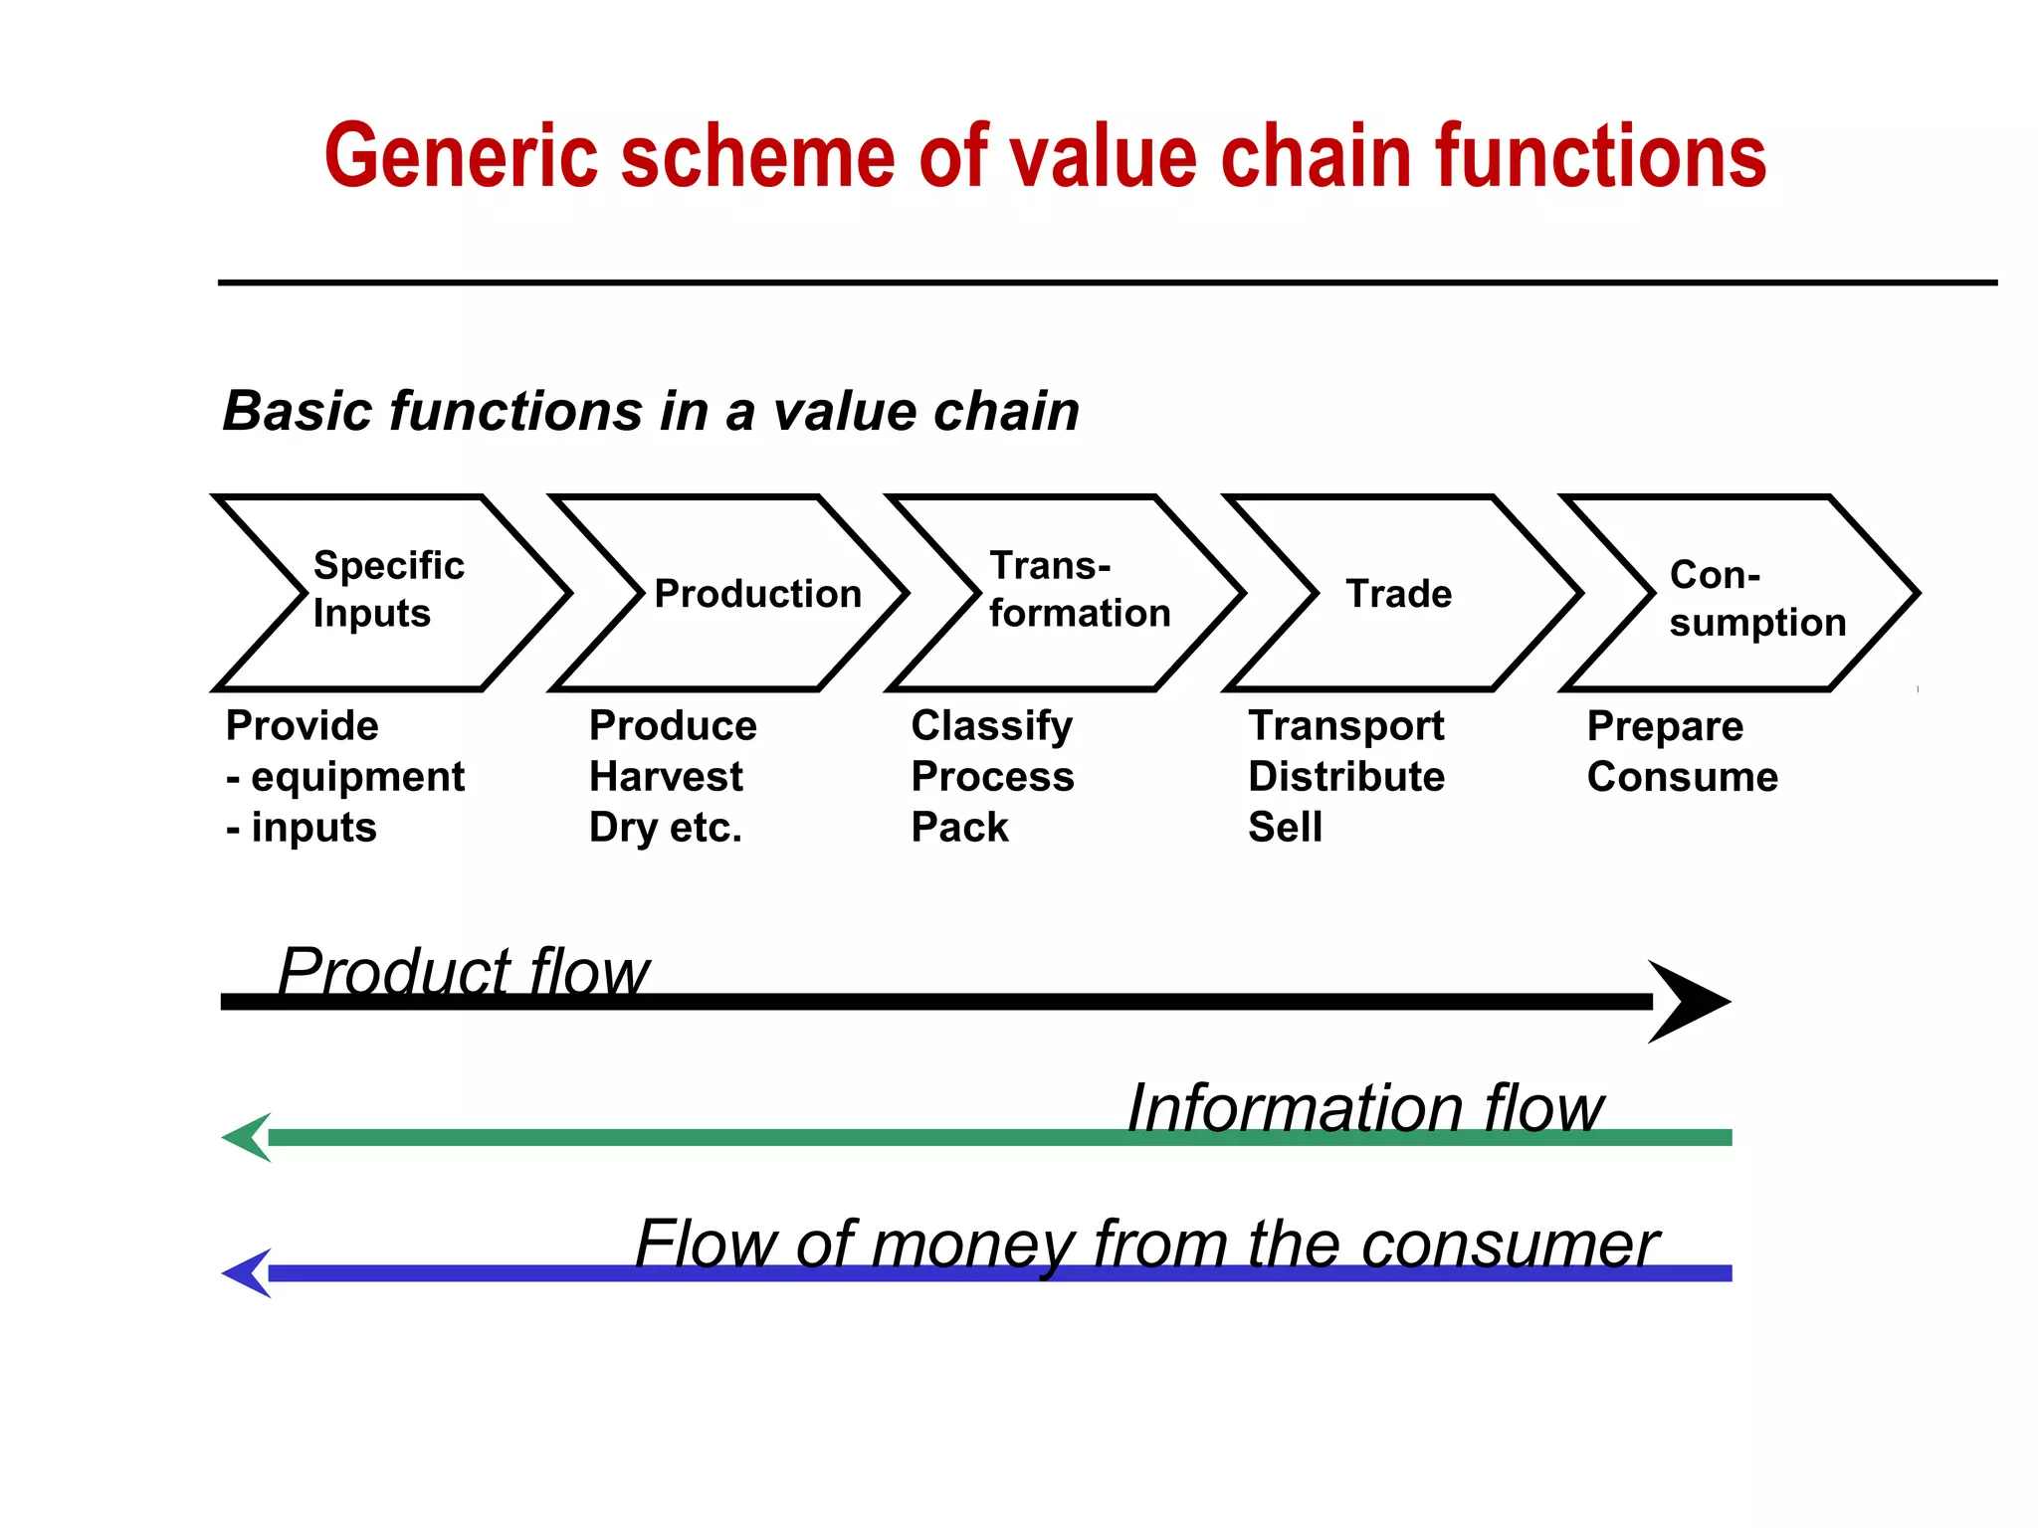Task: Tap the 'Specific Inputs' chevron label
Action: (x=388, y=589)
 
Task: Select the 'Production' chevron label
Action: (x=757, y=594)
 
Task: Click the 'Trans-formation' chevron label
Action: (x=1079, y=589)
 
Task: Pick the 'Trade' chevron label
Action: (x=1398, y=594)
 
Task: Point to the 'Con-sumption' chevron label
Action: (x=1756, y=598)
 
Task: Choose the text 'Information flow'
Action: (x=1364, y=1107)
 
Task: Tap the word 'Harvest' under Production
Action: (x=666, y=777)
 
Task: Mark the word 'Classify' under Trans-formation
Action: (x=991, y=726)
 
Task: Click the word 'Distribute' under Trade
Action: (x=1346, y=777)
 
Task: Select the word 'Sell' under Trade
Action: (x=1285, y=828)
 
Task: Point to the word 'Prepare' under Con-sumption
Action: (x=1665, y=726)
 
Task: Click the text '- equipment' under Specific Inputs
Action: (x=345, y=777)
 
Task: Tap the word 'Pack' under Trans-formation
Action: (x=959, y=828)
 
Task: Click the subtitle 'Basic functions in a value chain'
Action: (x=651, y=411)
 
